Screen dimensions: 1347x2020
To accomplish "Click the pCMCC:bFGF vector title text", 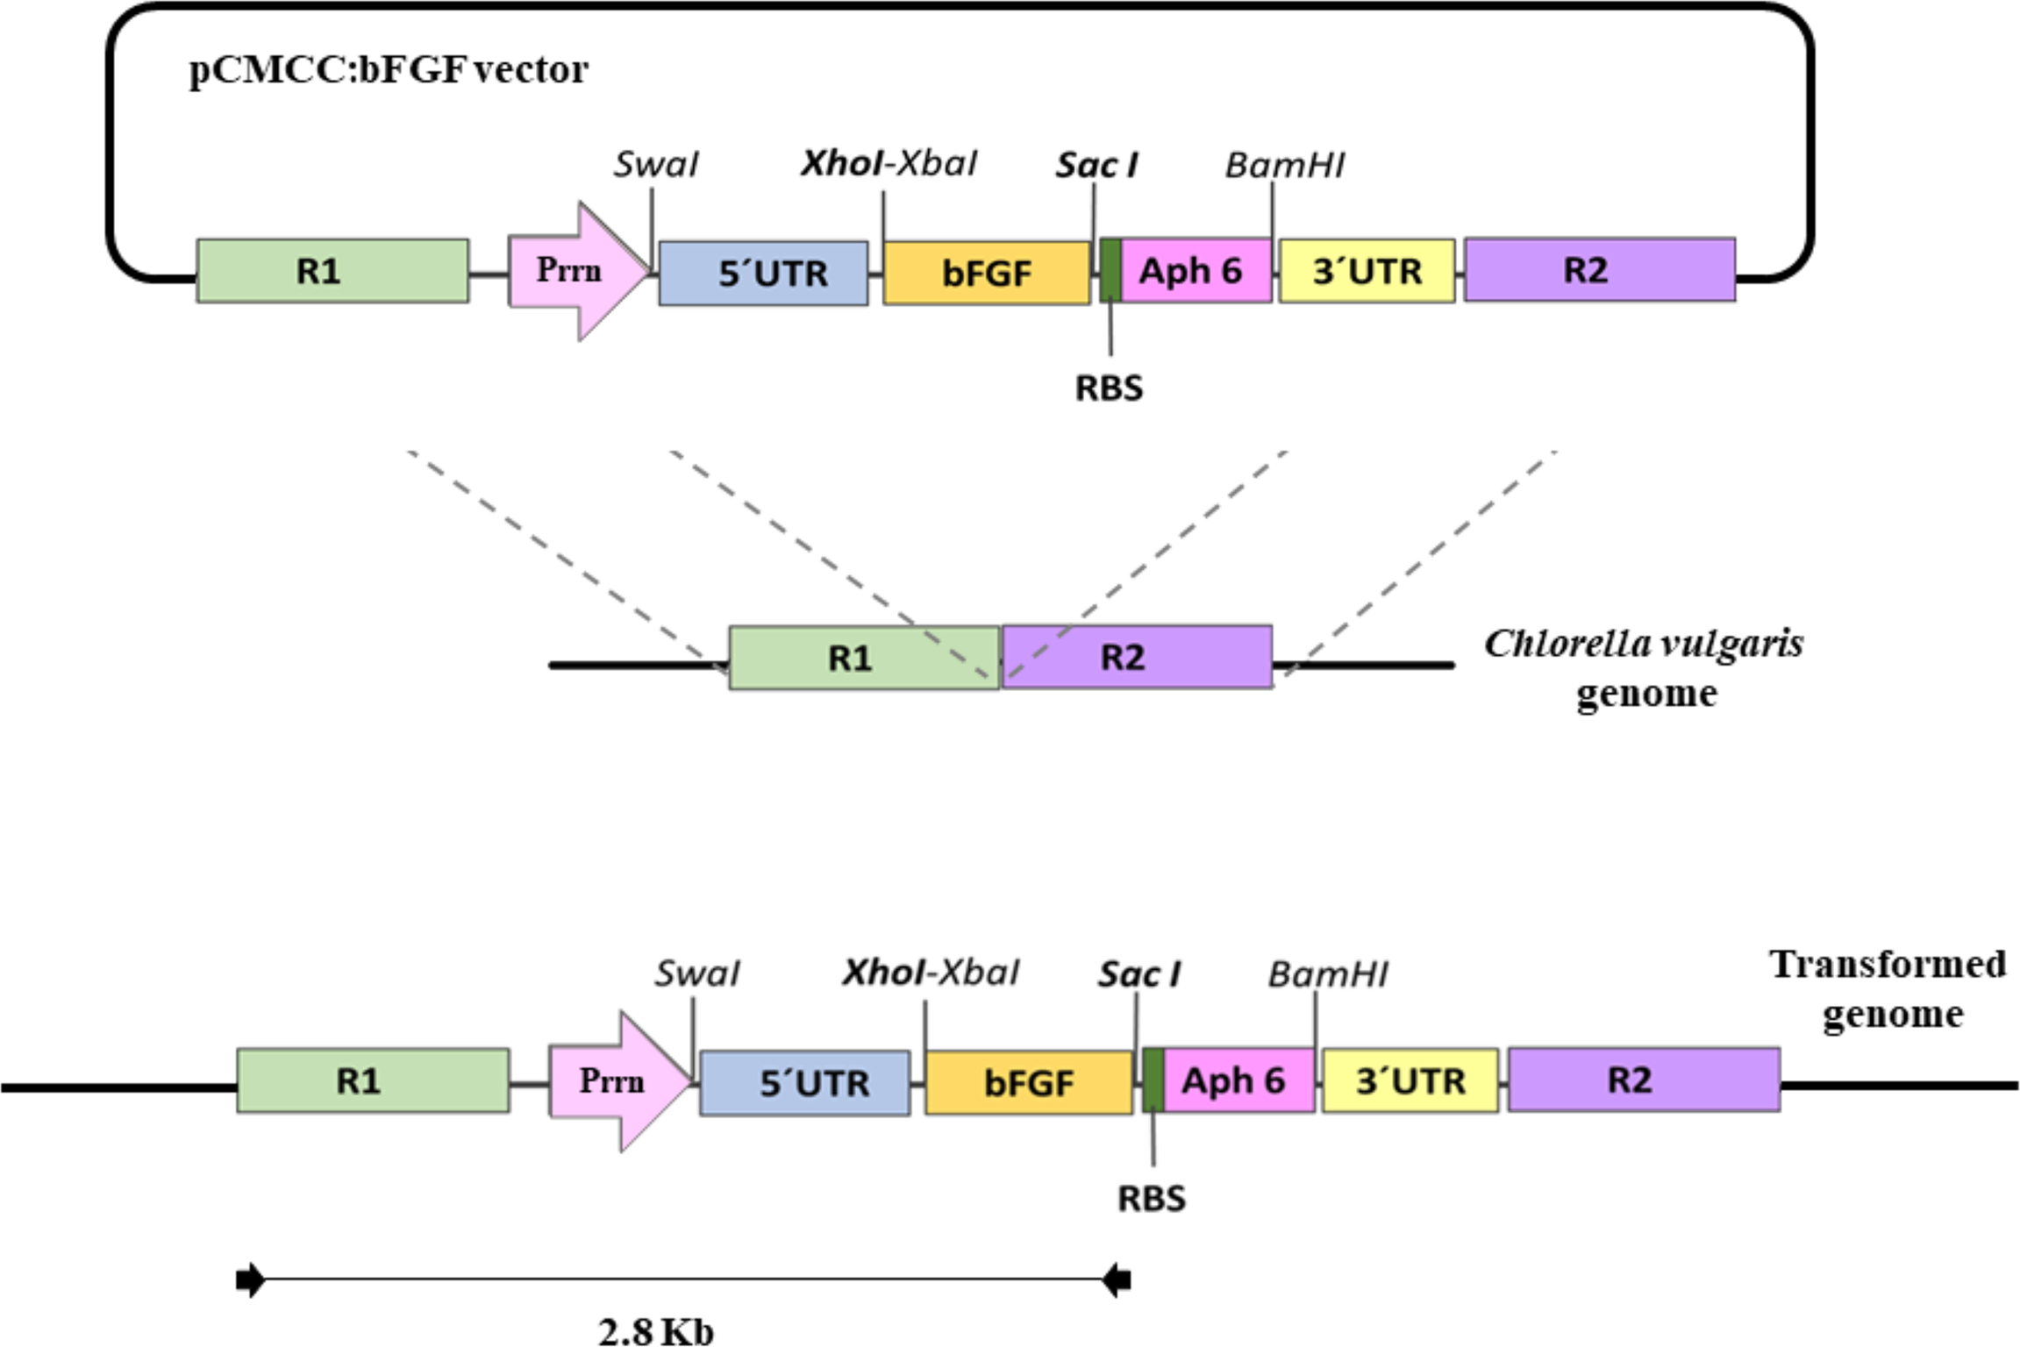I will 389,70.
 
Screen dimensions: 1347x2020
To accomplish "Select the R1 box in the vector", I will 332,271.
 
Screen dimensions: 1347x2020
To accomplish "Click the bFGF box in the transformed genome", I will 1029,1083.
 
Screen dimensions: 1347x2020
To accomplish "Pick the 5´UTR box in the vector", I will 763,274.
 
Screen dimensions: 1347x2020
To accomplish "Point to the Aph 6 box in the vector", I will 1196,271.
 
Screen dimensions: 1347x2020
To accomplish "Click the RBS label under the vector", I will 1109,388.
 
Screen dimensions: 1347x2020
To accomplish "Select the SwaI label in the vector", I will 655,165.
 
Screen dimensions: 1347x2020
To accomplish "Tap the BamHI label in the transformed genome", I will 1327,974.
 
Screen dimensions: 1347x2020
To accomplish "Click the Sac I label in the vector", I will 1096,165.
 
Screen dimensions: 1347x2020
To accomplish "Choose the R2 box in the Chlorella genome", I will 1137,657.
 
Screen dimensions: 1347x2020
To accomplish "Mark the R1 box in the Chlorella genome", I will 864,658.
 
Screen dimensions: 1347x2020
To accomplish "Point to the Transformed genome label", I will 1888,988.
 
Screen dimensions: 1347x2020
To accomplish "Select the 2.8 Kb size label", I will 656,1331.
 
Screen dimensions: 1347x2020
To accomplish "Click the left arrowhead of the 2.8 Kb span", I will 249,1280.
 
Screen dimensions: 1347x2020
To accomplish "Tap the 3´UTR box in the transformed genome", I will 1410,1080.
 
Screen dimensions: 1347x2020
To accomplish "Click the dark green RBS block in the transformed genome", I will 1153,1080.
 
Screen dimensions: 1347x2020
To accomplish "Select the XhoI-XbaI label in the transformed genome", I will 930,973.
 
